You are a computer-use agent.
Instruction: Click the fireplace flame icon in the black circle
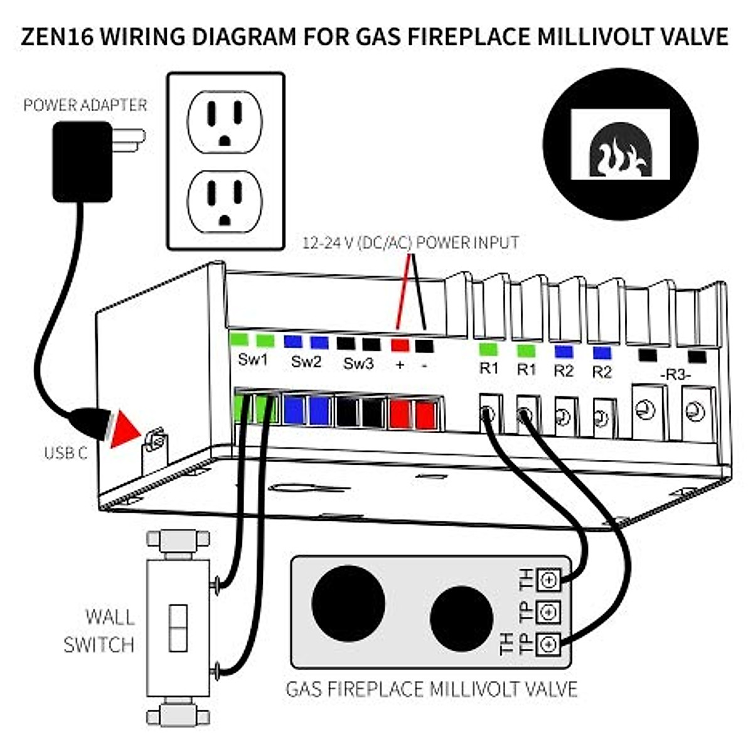click(620, 157)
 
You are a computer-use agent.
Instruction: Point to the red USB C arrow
click(124, 430)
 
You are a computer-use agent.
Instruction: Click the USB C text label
click(65, 452)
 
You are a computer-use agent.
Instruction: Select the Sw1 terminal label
click(253, 361)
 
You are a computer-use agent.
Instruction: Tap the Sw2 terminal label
click(306, 361)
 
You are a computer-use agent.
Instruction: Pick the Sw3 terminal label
click(358, 363)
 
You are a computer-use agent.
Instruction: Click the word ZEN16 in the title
click(57, 36)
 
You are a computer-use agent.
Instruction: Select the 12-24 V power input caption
click(410, 242)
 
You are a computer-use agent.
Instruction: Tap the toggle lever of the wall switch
click(178, 628)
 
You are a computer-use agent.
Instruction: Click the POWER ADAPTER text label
click(85, 105)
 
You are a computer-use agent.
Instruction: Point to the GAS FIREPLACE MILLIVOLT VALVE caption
click(431, 689)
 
